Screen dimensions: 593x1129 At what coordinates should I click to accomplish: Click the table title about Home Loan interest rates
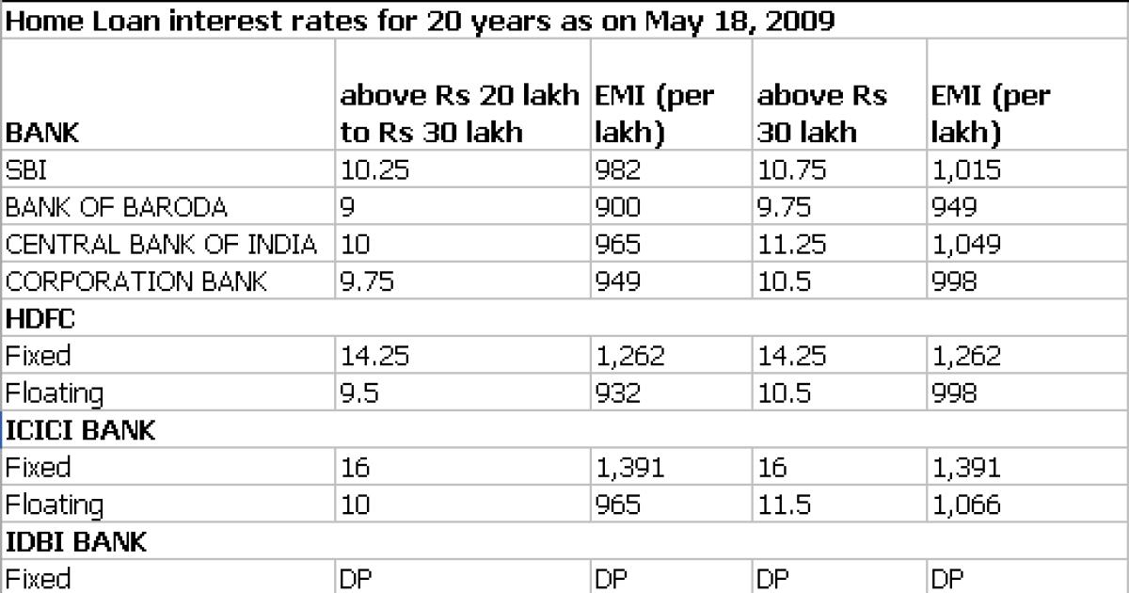coord(419,21)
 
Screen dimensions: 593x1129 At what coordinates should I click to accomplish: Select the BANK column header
coord(42,133)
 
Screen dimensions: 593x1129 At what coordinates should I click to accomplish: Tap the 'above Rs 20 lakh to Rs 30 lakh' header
coord(459,113)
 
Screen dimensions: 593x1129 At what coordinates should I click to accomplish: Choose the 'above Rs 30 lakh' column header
coord(821,113)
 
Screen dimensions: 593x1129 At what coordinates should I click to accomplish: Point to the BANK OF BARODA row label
coord(116,208)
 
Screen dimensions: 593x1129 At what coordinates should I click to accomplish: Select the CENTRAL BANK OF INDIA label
coord(161,245)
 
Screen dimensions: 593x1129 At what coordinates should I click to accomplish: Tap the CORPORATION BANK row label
coord(136,281)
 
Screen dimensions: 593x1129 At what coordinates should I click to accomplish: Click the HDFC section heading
coord(40,318)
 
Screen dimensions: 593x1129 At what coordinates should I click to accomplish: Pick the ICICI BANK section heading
coord(80,430)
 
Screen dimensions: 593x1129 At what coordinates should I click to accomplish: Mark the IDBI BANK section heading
coord(75,542)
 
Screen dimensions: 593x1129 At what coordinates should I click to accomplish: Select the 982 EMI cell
coord(618,171)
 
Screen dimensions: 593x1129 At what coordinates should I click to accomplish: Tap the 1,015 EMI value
coord(965,171)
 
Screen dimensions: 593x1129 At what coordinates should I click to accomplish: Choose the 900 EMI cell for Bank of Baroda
coord(618,208)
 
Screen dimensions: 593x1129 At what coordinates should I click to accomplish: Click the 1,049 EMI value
coord(965,245)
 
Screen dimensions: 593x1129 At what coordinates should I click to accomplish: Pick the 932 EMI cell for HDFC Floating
coord(618,393)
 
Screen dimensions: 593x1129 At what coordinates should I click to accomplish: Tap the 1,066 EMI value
coord(965,505)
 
